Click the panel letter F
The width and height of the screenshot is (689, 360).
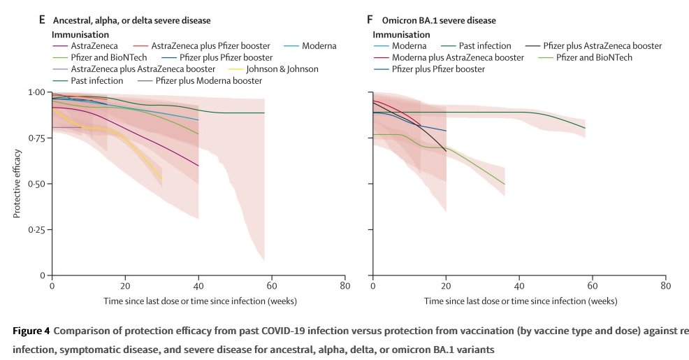[370, 21]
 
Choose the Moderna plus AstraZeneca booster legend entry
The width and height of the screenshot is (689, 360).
[458, 57]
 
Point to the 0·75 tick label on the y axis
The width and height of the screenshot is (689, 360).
[35, 138]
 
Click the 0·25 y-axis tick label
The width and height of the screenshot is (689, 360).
[35, 230]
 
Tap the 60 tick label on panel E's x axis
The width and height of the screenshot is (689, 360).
[272, 286]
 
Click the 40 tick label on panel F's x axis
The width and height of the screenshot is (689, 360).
[519, 286]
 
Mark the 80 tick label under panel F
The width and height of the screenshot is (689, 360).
[666, 286]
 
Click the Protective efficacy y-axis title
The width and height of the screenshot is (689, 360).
[17, 184]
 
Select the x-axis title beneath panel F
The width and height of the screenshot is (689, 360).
[520, 301]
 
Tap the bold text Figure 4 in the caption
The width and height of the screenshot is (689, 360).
[31, 331]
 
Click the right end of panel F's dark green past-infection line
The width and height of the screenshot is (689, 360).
[585, 127]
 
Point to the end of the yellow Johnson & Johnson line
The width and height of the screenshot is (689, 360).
[161, 180]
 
